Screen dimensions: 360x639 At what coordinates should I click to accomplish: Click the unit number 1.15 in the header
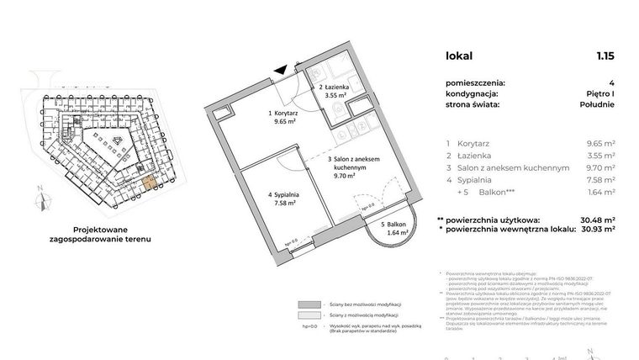point(605,56)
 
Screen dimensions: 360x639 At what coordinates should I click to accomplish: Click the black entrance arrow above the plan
point(287,73)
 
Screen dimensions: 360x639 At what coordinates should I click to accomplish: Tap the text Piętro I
point(598,94)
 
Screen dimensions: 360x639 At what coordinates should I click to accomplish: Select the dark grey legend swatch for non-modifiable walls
point(309,305)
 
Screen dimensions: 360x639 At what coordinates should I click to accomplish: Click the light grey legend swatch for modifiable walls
point(309,316)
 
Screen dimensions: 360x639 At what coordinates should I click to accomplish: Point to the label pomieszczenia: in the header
point(476,82)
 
